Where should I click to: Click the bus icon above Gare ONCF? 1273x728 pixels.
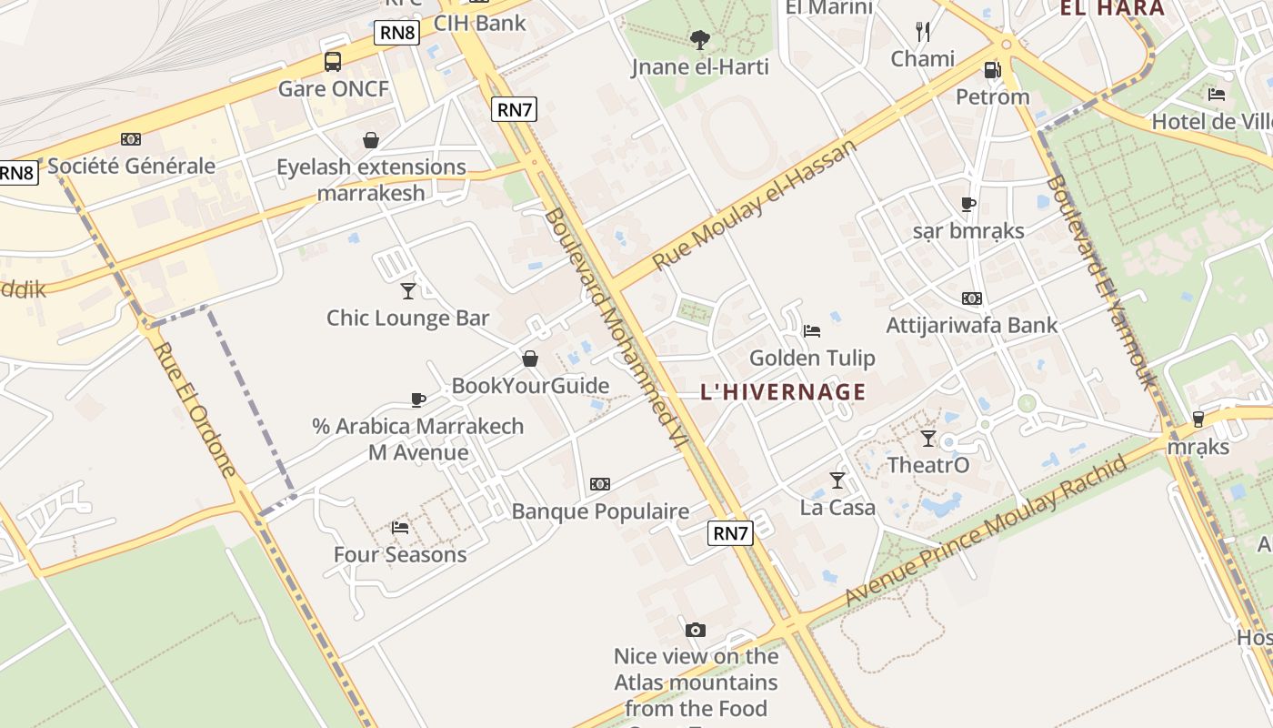333,62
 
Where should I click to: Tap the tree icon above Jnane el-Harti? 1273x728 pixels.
699,39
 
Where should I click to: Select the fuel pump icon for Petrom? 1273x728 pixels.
992,69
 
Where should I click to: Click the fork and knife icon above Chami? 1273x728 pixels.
923,32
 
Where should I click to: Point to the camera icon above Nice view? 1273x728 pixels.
695,630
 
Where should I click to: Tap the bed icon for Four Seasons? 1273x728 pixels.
399,527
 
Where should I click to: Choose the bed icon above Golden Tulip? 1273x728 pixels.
812,330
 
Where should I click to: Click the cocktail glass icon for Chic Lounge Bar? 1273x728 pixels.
408,290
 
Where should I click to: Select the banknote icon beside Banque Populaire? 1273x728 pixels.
600,484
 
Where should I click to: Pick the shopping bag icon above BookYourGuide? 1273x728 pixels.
530,359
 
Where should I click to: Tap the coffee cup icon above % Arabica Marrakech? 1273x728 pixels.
417,399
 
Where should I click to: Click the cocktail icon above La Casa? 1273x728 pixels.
837,480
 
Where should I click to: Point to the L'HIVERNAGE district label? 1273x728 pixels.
783,392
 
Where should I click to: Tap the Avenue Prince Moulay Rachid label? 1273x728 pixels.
987,531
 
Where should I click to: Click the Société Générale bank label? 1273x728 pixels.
131,166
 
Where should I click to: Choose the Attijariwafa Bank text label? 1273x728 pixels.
972,325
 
